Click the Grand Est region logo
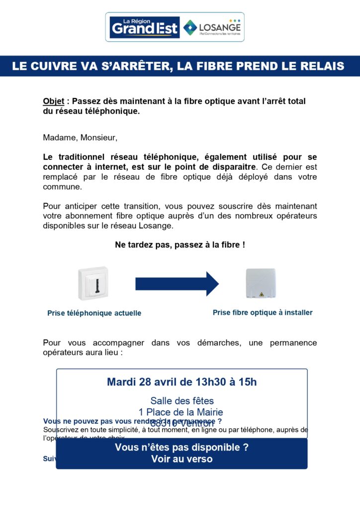point(144,27)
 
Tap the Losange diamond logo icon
point(189,27)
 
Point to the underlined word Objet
point(53,101)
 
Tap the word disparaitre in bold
point(230,167)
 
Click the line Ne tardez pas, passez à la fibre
point(180,245)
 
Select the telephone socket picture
point(93,283)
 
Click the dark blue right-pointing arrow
point(177,284)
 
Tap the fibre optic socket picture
point(261,283)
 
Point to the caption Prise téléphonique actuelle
point(94,313)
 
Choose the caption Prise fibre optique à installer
point(263,313)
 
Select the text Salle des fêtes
point(182,400)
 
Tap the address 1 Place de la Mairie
point(181,412)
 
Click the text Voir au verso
point(181,459)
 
